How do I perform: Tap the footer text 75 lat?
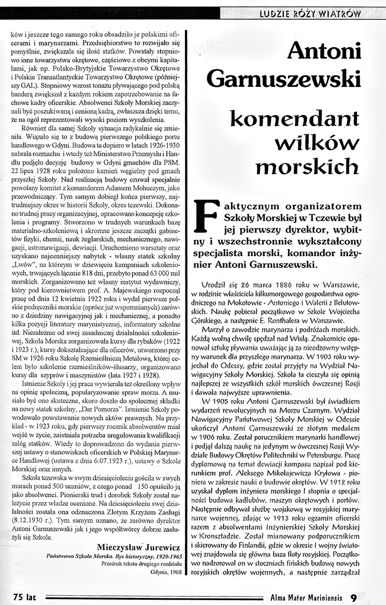24,597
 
